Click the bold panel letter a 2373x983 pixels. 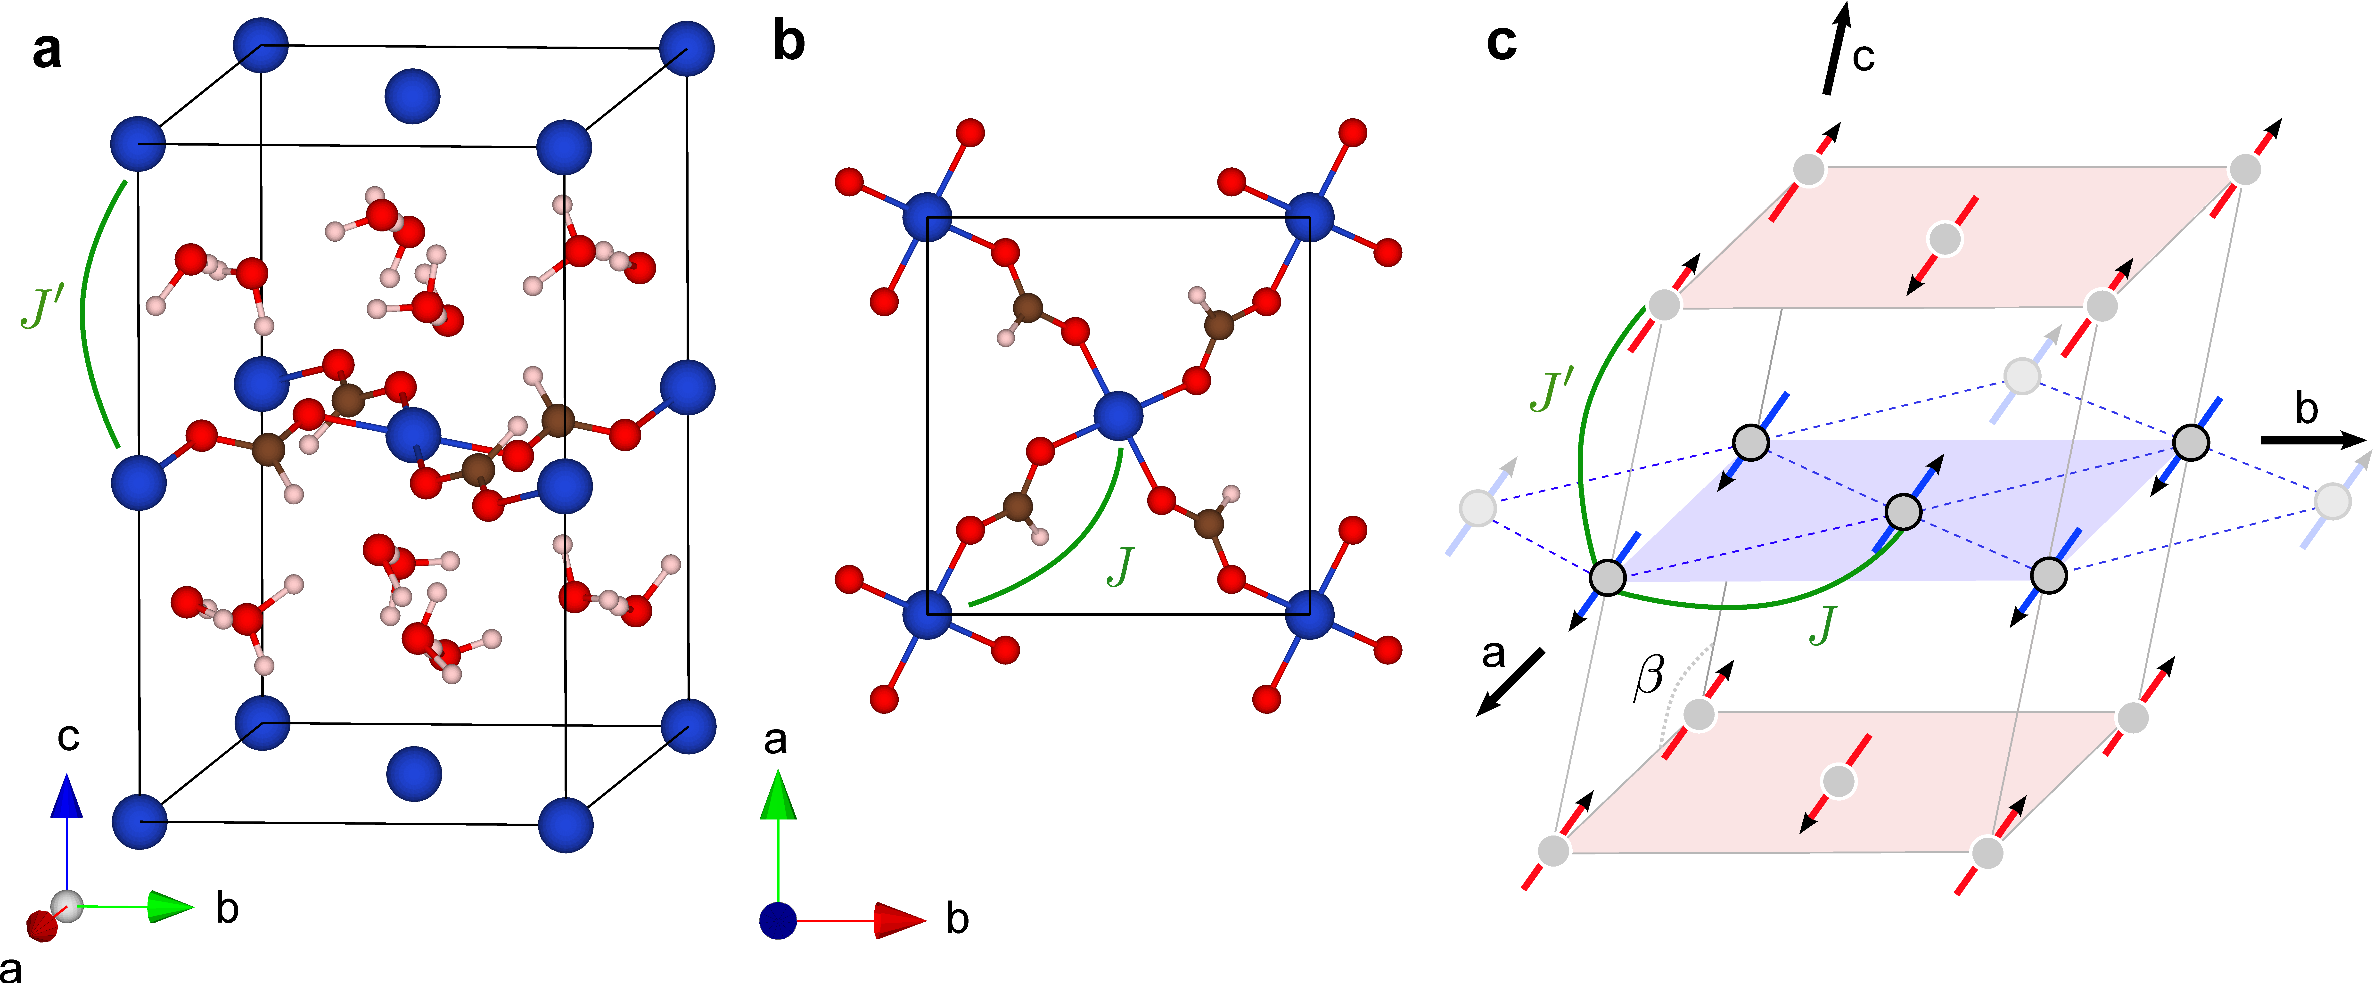[x=47, y=51]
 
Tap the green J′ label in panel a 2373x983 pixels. [x=41, y=307]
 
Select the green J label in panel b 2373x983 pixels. [x=1120, y=567]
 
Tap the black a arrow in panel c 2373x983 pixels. [x=1511, y=682]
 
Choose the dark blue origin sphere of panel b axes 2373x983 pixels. [x=778, y=920]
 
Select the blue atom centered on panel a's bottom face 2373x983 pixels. [x=414, y=774]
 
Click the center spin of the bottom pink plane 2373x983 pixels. [x=1839, y=780]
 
